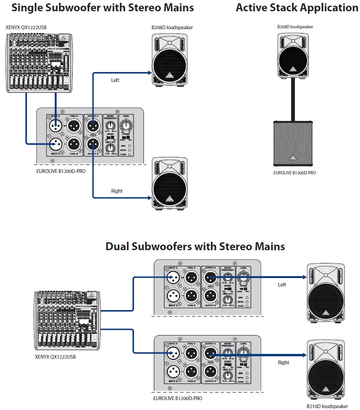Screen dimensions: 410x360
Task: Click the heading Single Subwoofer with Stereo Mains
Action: tap(102, 8)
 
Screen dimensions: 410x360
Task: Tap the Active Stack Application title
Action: tap(297, 8)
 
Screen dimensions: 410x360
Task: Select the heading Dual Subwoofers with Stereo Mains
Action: tap(195, 246)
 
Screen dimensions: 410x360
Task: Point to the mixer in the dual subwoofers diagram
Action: tap(67, 322)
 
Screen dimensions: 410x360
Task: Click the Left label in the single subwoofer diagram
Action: tap(115, 80)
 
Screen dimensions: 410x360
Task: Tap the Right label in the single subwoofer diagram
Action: tap(117, 191)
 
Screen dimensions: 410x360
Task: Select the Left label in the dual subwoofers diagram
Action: tap(282, 285)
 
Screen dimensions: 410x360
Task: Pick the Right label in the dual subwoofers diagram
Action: tap(284, 362)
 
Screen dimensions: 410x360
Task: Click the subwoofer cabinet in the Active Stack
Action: tap(293, 143)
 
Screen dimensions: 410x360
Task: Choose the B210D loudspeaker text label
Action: tap(327, 406)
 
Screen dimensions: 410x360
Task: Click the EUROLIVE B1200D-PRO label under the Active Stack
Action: tap(294, 173)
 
